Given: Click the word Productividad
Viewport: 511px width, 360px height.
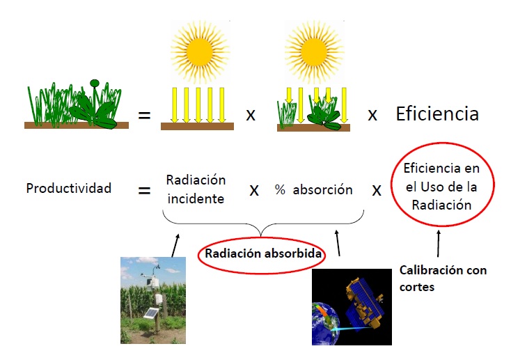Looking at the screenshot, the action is pyautogui.click(x=69, y=188).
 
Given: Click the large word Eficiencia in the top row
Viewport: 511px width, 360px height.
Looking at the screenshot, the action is pyautogui.click(x=437, y=114).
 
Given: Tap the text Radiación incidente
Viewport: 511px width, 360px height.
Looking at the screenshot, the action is pyautogui.click(x=196, y=189).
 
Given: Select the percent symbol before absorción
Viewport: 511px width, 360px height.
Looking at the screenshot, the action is pyautogui.click(x=280, y=189).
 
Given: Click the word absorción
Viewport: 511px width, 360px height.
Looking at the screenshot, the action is pyautogui.click(x=322, y=189).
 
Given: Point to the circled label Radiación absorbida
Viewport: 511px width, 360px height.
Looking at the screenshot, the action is pyautogui.click(x=263, y=253).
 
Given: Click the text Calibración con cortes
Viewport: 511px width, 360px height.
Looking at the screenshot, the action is pyautogui.click(x=443, y=279).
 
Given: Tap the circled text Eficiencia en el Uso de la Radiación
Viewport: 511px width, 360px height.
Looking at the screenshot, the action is pyautogui.click(x=441, y=187).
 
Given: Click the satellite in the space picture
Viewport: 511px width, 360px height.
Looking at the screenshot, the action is pyautogui.click(x=364, y=303).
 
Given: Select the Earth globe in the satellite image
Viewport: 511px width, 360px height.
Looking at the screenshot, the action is pyautogui.click(x=325, y=324).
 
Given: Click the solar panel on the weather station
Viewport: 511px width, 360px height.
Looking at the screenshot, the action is pyautogui.click(x=151, y=313).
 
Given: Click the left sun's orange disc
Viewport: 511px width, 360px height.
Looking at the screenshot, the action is pyautogui.click(x=199, y=52).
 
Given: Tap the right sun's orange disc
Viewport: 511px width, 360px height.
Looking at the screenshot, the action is pyautogui.click(x=314, y=52).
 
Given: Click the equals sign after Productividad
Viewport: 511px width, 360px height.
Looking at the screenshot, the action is pyautogui.click(x=144, y=190).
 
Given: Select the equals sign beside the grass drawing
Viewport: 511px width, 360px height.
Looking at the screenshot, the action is pyautogui.click(x=144, y=115).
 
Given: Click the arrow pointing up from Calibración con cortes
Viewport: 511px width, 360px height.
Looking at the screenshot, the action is pyautogui.click(x=439, y=244).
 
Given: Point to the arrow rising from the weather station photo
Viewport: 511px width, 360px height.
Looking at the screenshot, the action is pyautogui.click(x=175, y=245).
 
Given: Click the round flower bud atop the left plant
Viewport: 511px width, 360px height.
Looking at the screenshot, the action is pyautogui.click(x=95, y=83).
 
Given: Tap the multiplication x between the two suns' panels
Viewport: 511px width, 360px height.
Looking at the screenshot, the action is pyautogui.click(x=251, y=115).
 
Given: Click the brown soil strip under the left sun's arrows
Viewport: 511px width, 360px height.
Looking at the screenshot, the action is pyautogui.click(x=197, y=126).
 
